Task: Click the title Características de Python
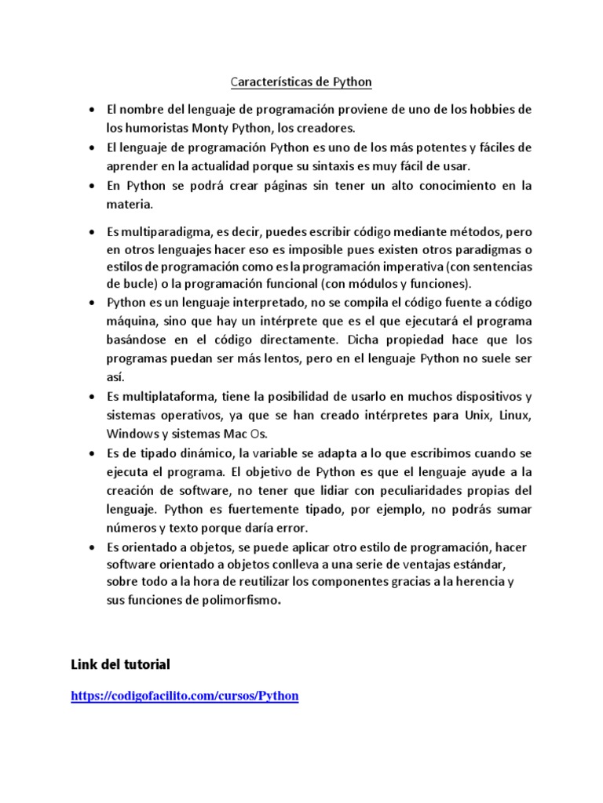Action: pos(301,82)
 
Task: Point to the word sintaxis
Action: pos(358,166)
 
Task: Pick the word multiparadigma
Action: pos(159,232)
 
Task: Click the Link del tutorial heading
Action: pos(120,664)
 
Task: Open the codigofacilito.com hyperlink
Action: pos(185,696)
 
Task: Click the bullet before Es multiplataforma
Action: pos(93,396)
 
